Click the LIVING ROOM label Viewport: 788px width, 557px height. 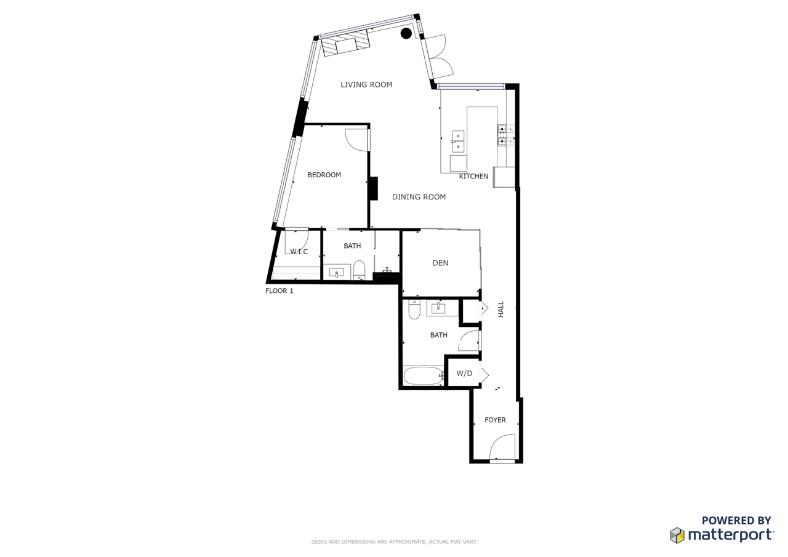coord(366,85)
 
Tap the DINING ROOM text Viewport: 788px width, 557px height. coord(419,197)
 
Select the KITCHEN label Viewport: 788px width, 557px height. coord(473,176)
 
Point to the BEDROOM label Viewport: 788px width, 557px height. coord(324,175)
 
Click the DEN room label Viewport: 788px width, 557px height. coord(440,263)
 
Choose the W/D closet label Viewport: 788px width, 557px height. coord(464,374)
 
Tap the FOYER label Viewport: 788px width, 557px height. coord(495,420)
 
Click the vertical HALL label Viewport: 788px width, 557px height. coord(501,309)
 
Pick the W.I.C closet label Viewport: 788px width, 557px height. coord(299,252)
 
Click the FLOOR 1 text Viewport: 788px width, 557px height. coord(279,291)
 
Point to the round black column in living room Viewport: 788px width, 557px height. coord(406,33)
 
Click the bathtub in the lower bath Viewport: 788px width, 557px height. coord(424,376)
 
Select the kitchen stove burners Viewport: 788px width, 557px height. coord(506,135)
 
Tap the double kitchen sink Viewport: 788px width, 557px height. coord(458,142)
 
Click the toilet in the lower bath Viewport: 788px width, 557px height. coord(414,309)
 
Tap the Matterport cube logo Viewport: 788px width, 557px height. coord(677,535)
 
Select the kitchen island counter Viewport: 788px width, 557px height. coord(482,140)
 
